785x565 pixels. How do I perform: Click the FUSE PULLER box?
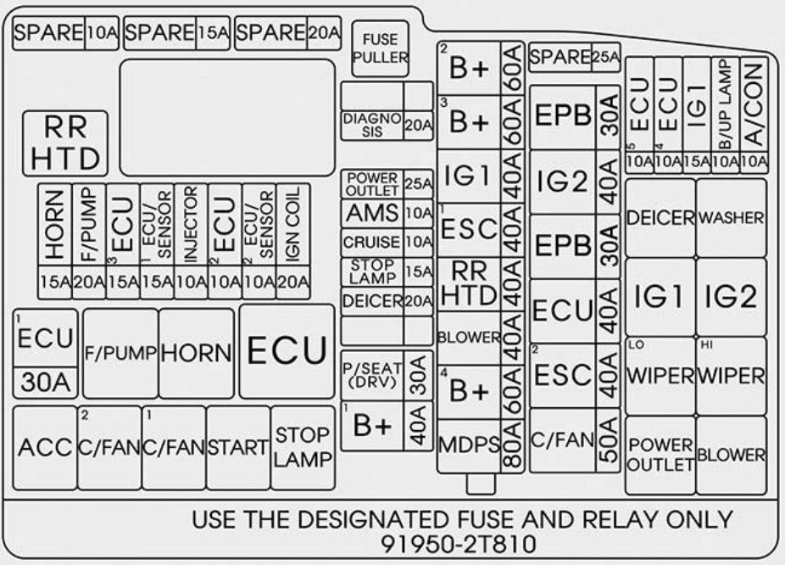(x=380, y=49)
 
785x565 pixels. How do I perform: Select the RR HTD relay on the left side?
(x=65, y=143)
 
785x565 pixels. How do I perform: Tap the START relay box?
(x=238, y=447)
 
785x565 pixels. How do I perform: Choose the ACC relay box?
(x=45, y=447)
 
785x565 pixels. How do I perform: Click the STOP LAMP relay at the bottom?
(x=303, y=447)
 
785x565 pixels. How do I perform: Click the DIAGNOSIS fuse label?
(x=372, y=126)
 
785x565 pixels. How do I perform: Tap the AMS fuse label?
(x=372, y=214)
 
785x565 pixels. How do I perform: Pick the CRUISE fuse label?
(x=372, y=243)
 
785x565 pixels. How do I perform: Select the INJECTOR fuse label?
(x=191, y=224)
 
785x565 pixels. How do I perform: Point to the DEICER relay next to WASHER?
(x=660, y=218)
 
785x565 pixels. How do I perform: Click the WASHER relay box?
(x=731, y=218)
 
